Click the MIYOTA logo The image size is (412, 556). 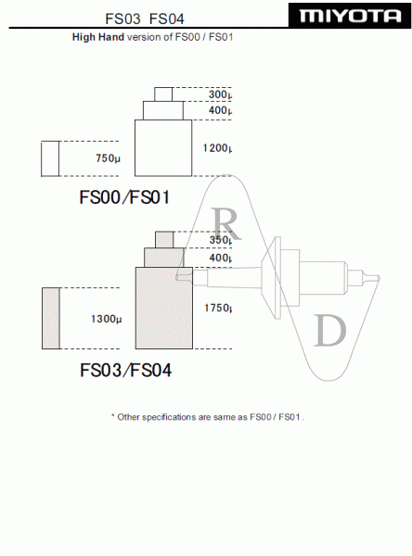(x=350, y=16)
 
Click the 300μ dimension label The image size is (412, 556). (x=220, y=95)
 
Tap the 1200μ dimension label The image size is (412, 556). (x=217, y=148)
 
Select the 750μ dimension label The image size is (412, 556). (x=108, y=158)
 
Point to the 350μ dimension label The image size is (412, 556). (x=221, y=240)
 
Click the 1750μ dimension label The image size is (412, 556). (x=218, y=308)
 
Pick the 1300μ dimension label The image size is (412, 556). (x=106, y=319)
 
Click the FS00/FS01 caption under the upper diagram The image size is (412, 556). (x=124, y=197)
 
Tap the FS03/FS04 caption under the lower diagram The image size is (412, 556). (x=125, y=370)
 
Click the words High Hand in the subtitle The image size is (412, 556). (x=98, y=37)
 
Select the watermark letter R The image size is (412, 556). (x=225, y=223)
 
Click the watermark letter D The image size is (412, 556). (x=330, y=330)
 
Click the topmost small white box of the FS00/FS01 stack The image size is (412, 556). (x=163, y=95)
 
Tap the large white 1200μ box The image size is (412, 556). (x=163, y=148)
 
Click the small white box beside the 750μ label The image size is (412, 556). (x=50, y=158)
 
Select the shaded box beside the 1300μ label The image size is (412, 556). (x=51, y=318)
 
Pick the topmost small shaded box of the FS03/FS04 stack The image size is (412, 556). (x=165, y=240)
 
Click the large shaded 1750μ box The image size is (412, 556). (x=164, y=309)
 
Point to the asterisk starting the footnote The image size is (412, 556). (x=113, y=415)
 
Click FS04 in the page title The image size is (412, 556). (x=167, y=19)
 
